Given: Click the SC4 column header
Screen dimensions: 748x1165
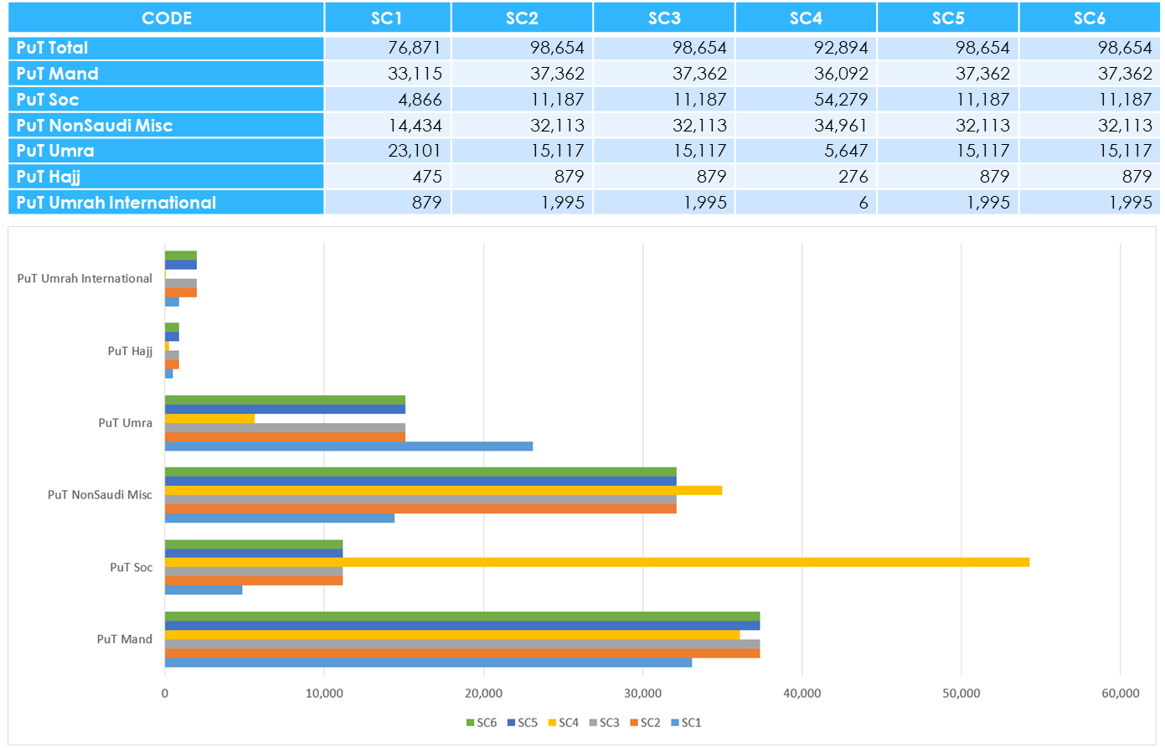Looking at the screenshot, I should click(806, 18).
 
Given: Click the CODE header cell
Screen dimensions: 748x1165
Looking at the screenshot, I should click(166, 18).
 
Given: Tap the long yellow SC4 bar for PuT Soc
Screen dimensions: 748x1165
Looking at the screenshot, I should click(596, 562).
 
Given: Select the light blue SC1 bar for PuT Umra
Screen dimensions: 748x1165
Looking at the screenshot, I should click(348, 446).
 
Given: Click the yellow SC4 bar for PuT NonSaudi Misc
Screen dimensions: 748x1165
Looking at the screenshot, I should click(443, 490).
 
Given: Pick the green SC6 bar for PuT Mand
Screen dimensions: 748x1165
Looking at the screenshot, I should click(461, 616).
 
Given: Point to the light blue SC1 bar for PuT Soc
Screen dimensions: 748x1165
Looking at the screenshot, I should click(204, 590).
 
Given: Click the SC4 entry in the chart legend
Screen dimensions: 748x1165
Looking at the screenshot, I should click(563, 722).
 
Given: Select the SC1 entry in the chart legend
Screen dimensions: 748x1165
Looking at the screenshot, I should click(686, 722).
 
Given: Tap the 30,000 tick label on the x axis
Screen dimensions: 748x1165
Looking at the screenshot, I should click(642, 694).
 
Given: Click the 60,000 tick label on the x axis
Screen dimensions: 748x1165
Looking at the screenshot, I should click(1120, 694).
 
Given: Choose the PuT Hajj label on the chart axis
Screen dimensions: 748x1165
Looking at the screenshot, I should click(130, 351).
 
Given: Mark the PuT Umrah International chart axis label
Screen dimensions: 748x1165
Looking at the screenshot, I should click(85, 278).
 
